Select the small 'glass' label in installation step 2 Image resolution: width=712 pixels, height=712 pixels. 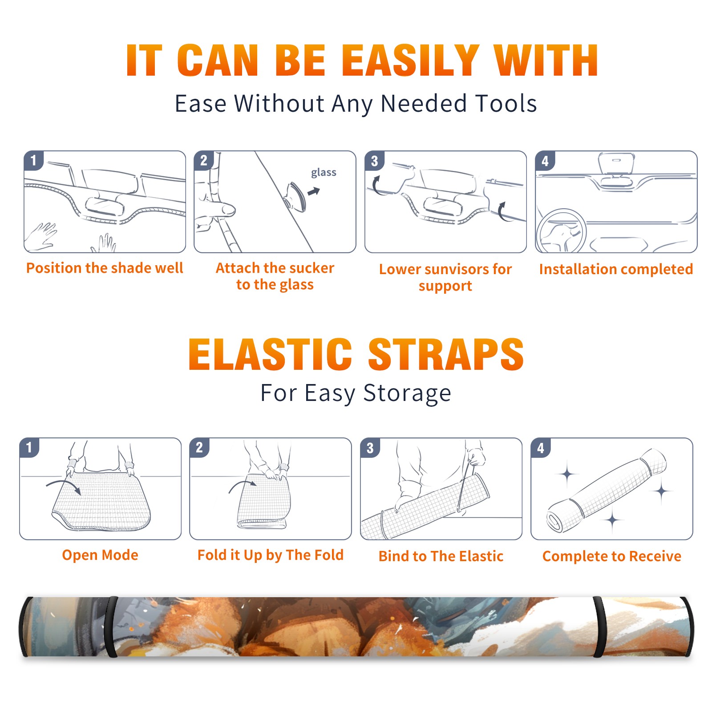(x=324, y=172)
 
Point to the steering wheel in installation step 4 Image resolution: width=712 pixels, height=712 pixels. (x=561, y=231)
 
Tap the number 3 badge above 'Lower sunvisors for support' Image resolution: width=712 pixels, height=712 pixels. (x=374, y=161)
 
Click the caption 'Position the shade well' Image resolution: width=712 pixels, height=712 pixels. (x=105, y=268)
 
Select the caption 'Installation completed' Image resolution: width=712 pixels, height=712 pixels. (x=616, y=269)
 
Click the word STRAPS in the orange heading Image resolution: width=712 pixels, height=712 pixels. (x=446, y=354)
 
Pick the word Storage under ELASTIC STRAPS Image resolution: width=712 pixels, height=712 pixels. (x=407, y=393)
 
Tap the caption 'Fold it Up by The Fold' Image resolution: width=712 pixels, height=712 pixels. (x=271, y=555)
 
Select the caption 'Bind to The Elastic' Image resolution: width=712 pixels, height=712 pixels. (x=441, y=556)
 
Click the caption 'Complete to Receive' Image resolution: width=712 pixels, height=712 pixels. (x=612, y=556)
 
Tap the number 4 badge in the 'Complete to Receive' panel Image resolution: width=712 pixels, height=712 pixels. (x=541, y=448)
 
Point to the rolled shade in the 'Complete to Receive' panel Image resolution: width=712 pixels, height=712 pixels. (x=606, y=490)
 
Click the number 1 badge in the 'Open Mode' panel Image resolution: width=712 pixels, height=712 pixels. (x=29, y=448)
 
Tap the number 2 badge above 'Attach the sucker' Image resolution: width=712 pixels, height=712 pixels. (x=204, y=161)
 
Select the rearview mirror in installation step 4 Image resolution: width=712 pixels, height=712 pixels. (x=616, y=163)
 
